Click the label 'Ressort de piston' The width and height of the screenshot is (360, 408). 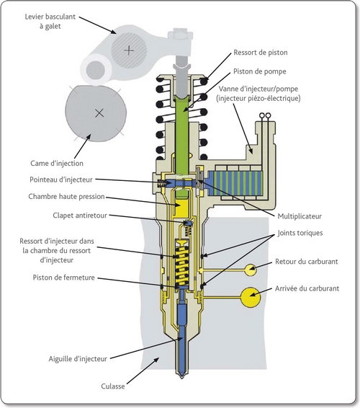pos(261,53)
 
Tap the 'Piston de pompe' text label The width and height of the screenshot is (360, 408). pos(260,71)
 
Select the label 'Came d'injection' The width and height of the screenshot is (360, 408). pos(57,164)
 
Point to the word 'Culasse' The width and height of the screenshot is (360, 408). pos(113,386)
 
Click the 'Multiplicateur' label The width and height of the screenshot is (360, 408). pos(300,216)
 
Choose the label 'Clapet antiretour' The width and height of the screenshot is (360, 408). pos(80,216)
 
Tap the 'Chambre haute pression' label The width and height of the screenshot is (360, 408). pos(66,197)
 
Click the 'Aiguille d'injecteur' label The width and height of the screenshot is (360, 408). pos(78,359)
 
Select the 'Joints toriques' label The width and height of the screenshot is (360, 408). pos(300,233)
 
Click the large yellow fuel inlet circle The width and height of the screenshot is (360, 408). pos(251,297)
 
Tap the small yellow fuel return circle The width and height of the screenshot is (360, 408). pos(251,270)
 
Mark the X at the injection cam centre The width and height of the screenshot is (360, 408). pos(99,113)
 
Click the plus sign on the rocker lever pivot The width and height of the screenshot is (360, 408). pos(129,50)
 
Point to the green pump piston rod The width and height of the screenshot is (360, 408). pos(181,136)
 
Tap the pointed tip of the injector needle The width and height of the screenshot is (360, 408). pos(182,377)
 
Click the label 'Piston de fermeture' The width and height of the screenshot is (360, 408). pos(63,278)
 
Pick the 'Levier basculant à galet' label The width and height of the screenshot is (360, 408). pos(50,22)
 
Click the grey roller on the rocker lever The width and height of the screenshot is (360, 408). pos(95,70)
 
